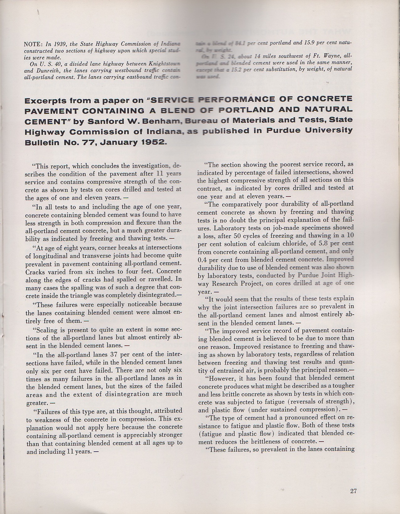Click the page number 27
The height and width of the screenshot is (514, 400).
tap(353, 491)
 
